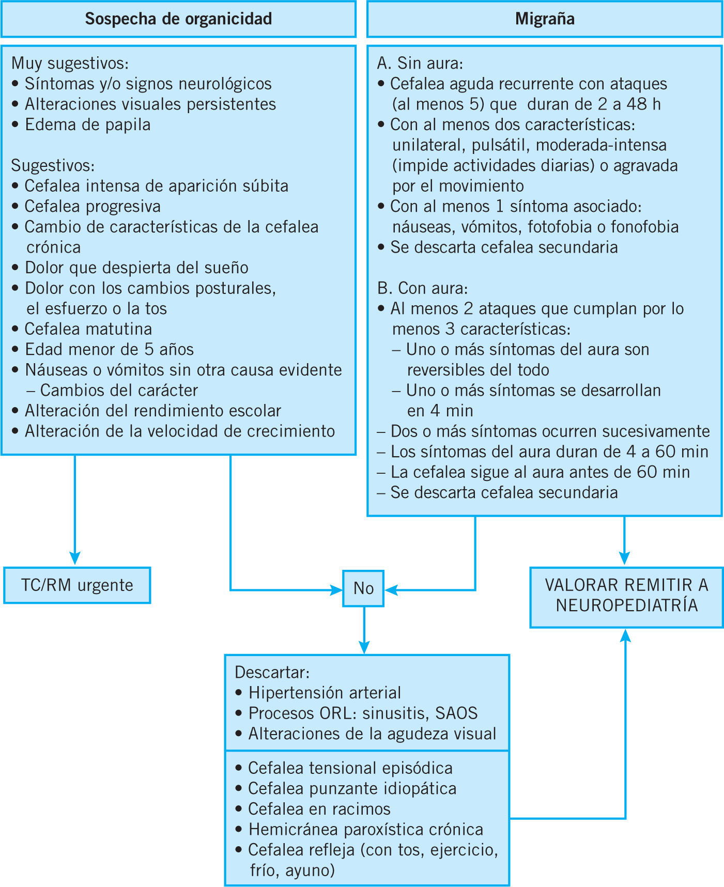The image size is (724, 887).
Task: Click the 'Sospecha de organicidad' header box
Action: point(178,19)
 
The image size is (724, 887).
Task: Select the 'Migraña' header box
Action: point(545,19)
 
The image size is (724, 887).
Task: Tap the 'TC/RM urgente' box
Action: point(77,585)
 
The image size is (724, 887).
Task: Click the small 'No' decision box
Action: point(363,588)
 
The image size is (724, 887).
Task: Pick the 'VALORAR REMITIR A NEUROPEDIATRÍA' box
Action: point(626,595)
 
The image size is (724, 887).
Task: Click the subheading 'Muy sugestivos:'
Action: point(70,64)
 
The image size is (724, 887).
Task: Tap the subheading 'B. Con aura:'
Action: point(422,288)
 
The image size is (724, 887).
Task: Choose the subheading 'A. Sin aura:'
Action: point(420,64)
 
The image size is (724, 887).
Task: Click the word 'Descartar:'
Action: point(272,673)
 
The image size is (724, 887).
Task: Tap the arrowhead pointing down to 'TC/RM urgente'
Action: point(75,558)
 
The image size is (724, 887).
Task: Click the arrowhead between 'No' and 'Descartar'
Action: point(364,648)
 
